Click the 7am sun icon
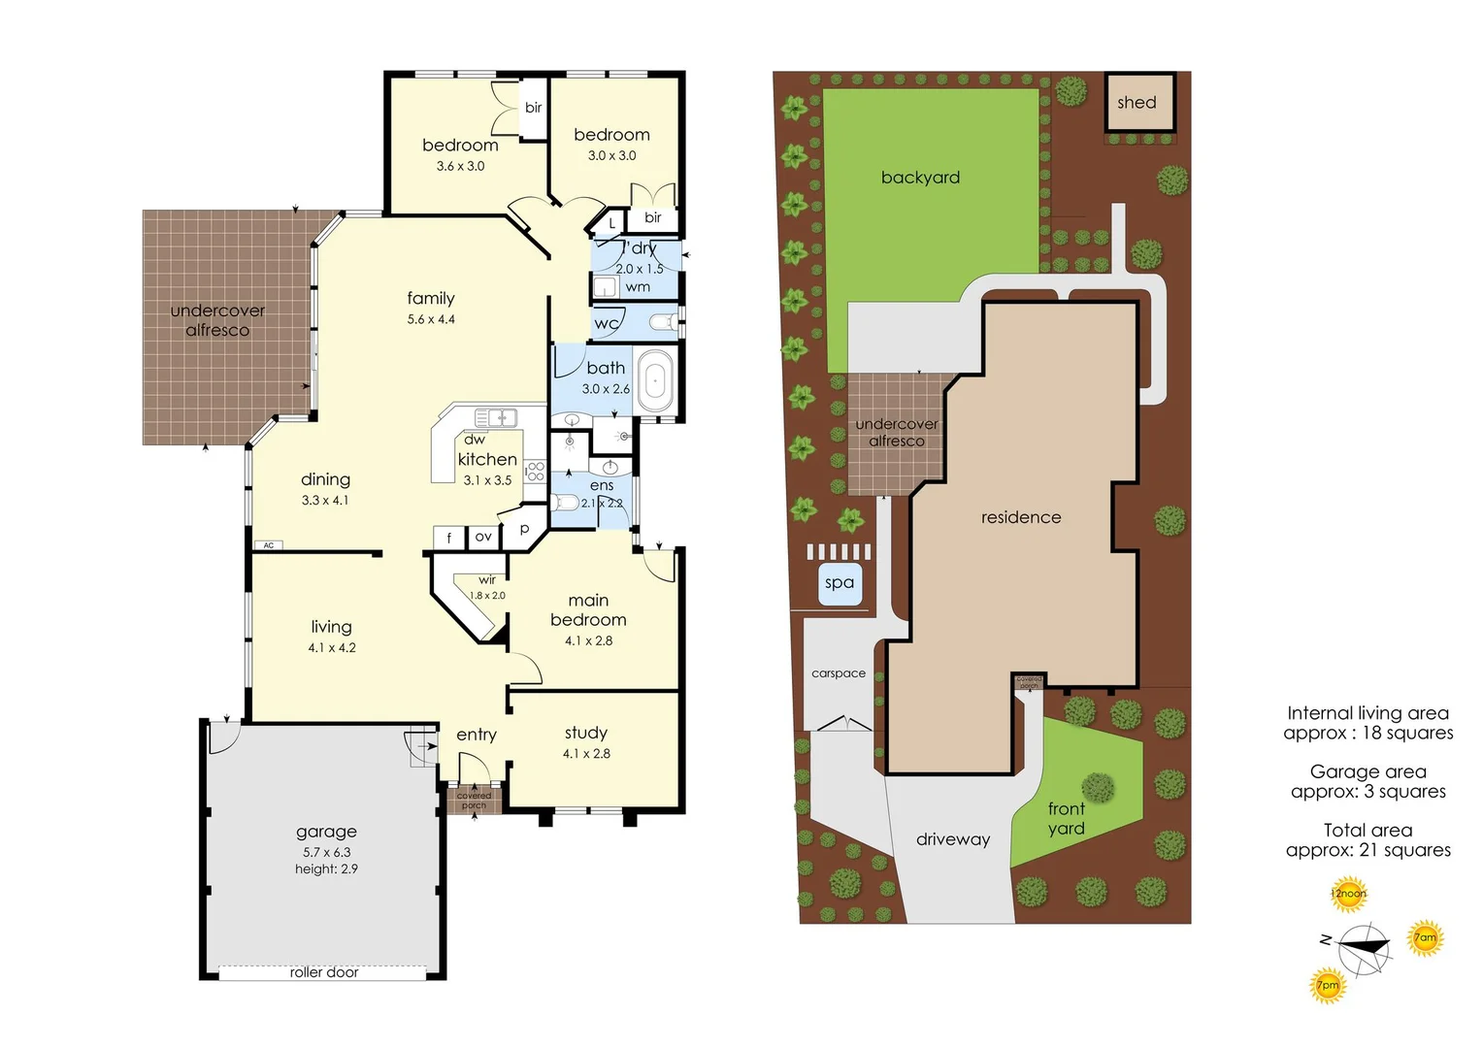(x=1425, y=937)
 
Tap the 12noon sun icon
(x=1348, y=894)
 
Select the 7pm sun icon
(x=1328, y=985)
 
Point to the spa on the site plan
(x=840, y=583)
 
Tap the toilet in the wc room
(x=664, y=322)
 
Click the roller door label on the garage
(x=324, y=972)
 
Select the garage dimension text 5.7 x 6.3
(x=326, y=852)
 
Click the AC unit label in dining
(x=269, y=545)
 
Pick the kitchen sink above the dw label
(x=496, y=417)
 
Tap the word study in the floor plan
(x=586, y=733)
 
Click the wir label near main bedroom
(x=487, y=580)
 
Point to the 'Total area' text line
(x=1368, y=830)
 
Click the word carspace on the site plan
(x=839, y=673)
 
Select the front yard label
(x=1067, y=818)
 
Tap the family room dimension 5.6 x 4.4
(x=431, y=319)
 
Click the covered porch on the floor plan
(x=474, y=801)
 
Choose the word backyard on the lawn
(x=920, y=178)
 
